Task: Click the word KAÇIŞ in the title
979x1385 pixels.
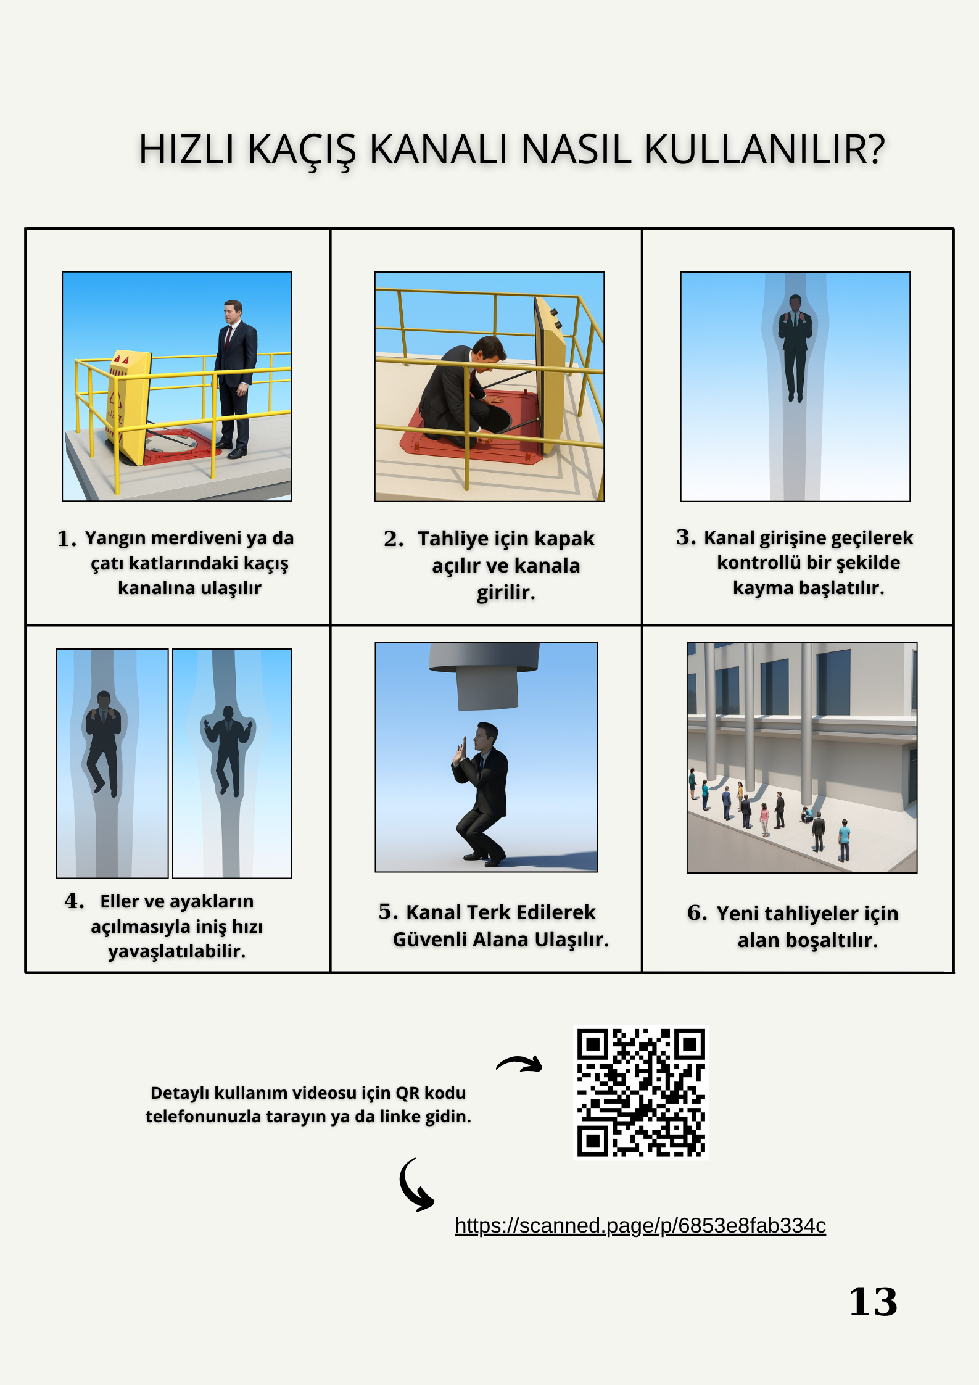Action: click(x=302, y=150)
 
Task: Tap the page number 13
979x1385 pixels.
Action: click(x=872, y=1302)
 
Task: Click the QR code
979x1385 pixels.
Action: click(x=641, y=1093)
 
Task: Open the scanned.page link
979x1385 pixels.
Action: click(x=640, y=1225)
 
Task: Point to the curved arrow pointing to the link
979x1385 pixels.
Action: click(x=415, y=1185)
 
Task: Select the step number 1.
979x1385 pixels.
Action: click(x=66, y=539)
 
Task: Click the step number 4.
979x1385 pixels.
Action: click(x=73, y=901)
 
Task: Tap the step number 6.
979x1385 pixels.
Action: click(x=696, y=913)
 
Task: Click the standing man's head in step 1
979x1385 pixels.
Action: click(x=233, y=311)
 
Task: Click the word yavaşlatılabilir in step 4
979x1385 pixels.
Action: click(x=177, y=951)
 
